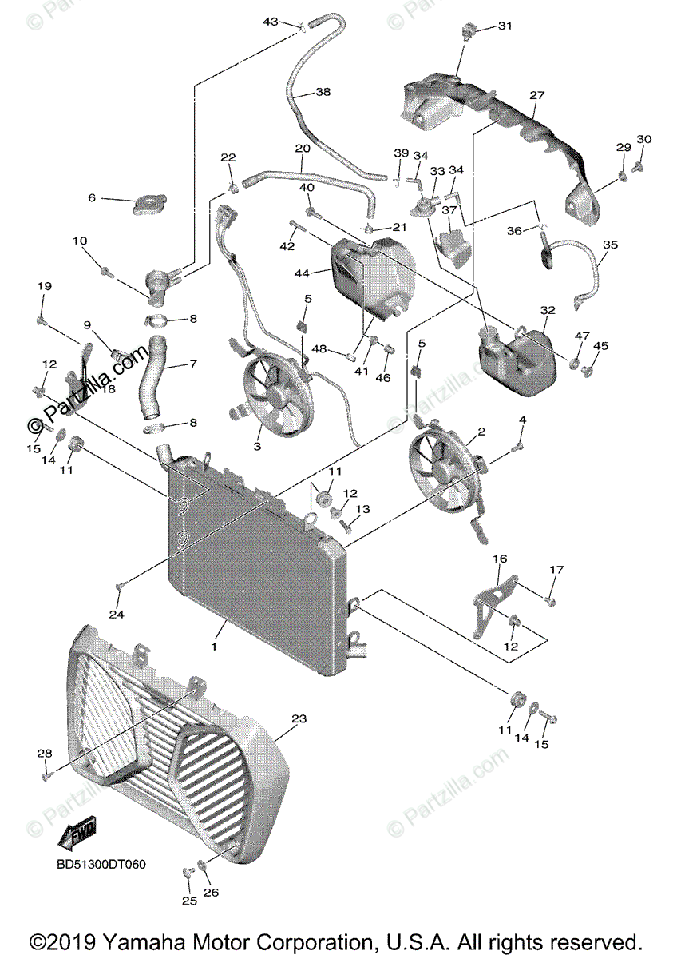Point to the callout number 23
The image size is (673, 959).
[298, 719]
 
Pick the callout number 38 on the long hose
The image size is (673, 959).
[323, 93]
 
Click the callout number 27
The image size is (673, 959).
[536, 95]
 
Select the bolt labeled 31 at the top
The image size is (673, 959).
[467, 33]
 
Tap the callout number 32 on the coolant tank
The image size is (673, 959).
[547, 310]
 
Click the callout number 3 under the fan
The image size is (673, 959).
[257, 447]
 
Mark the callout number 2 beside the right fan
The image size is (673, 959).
[481, 432]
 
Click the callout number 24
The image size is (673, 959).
[117, 615]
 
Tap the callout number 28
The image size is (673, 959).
[45, 754]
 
